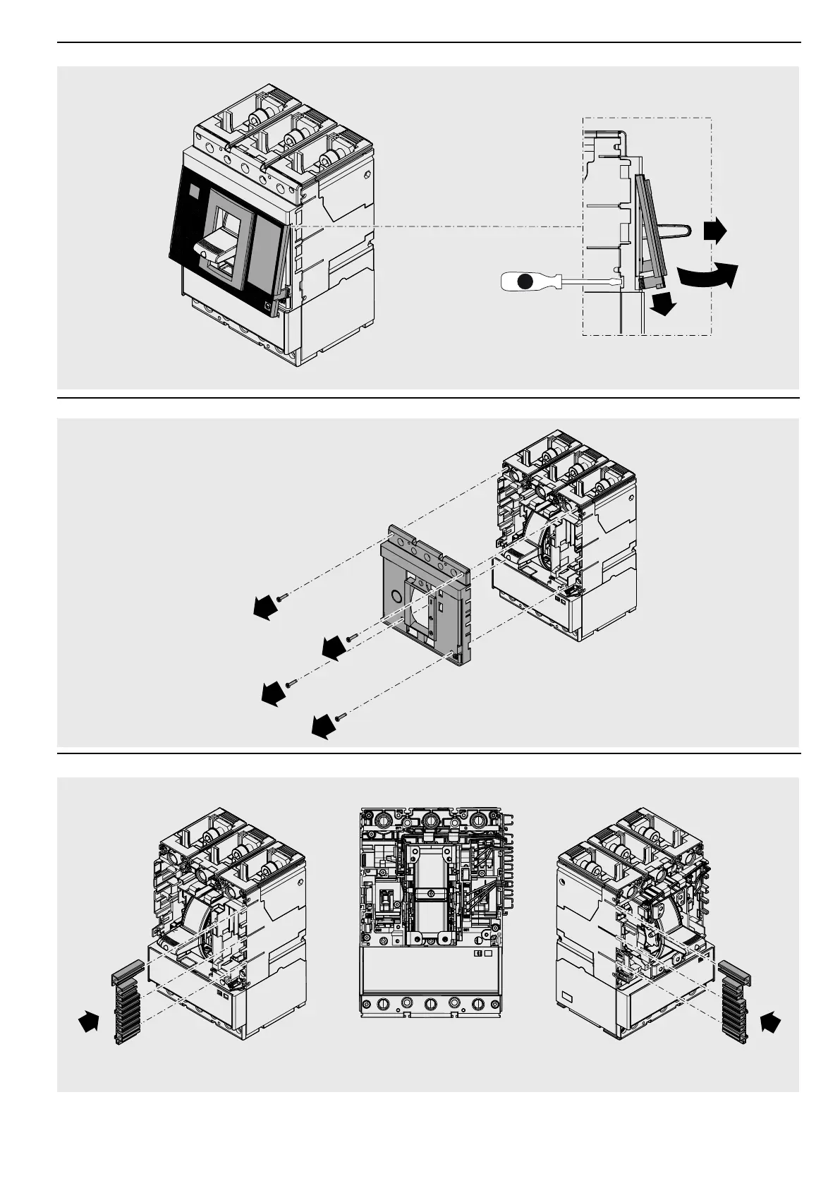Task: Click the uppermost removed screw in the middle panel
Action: [x=282, y=596]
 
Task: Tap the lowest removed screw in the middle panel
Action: [x=341, y=716]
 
